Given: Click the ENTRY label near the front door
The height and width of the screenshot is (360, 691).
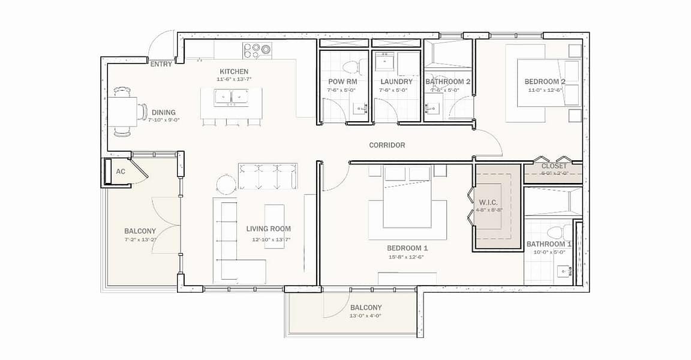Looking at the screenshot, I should click(x=161, y=64).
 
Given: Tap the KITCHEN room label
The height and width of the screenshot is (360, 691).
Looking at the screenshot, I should click(x=234, y=71).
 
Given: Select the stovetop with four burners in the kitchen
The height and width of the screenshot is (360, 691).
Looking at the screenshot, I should click(x=257, y=50).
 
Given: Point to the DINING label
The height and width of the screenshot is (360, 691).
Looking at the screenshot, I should click(x=163, y=112).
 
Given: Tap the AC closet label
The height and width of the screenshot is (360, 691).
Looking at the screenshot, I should click(x=121, y=172).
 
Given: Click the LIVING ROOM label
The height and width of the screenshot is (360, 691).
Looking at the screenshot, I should click(x=268, y=229).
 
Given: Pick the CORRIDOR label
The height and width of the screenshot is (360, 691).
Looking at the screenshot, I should click(x=387, y=145).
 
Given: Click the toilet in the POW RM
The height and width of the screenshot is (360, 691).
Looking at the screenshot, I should click(x=349, y=66).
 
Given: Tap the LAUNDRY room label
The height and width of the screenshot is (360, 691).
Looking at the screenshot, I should click(x=396, y=82).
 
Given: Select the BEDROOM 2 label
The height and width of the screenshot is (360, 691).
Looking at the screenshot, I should click(x=545, y=82).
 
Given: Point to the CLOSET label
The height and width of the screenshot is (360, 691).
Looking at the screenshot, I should click(x=554, y=166).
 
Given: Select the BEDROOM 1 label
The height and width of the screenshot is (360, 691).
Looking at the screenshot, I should click(x=407, y=248).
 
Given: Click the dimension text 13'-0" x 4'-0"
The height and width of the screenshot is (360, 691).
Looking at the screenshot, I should click(x=365, y=316).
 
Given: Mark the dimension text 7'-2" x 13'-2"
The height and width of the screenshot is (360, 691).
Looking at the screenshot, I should click(x=140, y=240).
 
